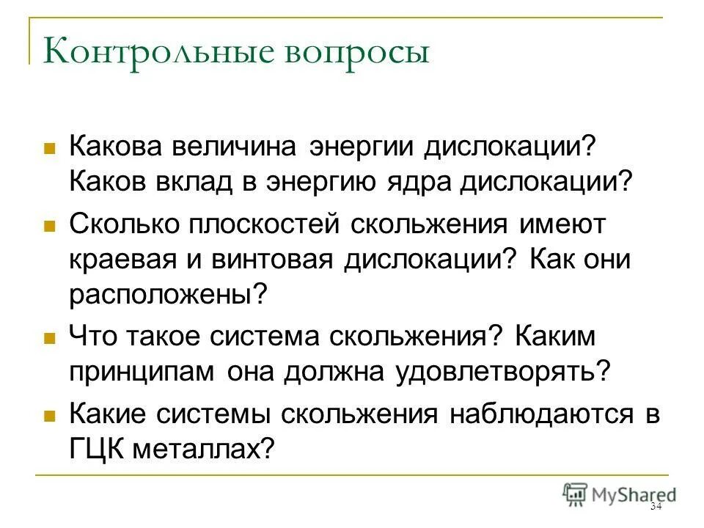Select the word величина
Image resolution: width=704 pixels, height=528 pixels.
[236, 145]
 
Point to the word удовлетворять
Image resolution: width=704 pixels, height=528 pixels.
[502, 371]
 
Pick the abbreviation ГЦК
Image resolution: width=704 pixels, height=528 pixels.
[97, 449]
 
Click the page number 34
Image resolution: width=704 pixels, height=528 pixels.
[656, 507]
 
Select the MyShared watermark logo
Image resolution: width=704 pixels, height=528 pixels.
[620, 494]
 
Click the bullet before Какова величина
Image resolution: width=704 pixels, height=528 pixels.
[50, 147]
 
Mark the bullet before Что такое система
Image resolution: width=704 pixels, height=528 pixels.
[50, 339]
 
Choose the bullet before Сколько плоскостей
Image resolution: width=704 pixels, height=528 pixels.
[50, 227]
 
